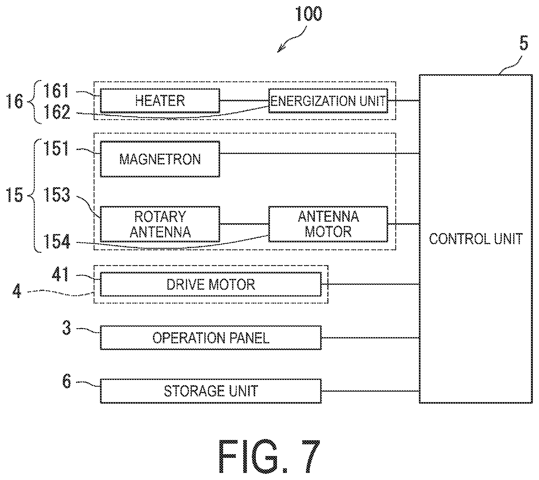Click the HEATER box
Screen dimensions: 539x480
click(160, 101)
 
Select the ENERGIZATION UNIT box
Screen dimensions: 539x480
click(328, 101)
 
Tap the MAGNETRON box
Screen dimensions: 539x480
click(160, 159)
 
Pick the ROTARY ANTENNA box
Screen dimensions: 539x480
click(160, 224)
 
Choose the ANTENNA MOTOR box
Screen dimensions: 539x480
click(328, 224)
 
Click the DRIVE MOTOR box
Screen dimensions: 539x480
click(211, 284)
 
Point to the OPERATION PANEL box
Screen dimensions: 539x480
click(211, 337)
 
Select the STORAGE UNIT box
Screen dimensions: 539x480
click(211, 391)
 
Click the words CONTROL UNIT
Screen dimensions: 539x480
click(476, 239)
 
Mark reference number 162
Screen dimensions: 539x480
click(58, 112)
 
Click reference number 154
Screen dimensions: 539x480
click(58, 242)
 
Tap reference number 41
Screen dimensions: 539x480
click(61, 274)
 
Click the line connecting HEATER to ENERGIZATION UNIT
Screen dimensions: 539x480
click(244, 100)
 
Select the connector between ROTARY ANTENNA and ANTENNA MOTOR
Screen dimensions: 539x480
click(244, 224)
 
